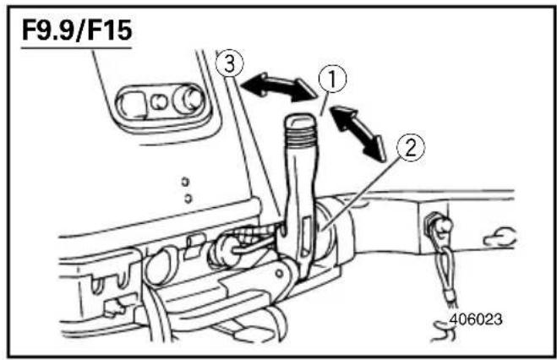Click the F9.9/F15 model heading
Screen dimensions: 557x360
click(77, 30)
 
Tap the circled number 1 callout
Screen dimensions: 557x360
click(332, 79)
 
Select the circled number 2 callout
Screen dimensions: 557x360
click(411, 148)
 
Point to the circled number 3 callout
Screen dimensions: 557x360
click(230, 64)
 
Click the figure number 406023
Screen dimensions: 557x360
click(476, 319)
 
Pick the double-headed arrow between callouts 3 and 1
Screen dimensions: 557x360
click(279, 87)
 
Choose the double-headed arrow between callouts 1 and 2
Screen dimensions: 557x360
click(359, 133)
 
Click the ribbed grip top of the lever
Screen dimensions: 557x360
click(299, 129)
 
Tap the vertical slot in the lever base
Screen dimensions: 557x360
click(306, 235)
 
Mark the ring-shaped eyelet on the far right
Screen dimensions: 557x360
click(500, 237)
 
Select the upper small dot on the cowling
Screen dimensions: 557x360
click(185, 182)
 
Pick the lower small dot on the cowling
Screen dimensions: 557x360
click(188, 198)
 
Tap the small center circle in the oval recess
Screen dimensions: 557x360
click(158, 102)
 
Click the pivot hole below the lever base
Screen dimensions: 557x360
click(281, 274)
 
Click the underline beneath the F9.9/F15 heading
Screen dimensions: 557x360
click(76, 47)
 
